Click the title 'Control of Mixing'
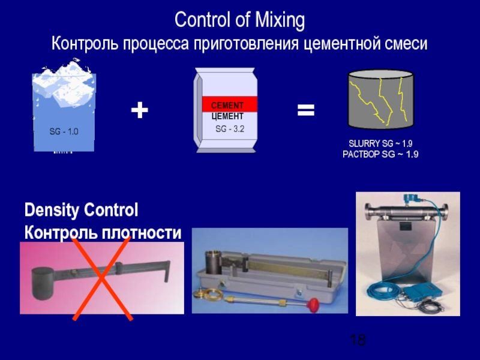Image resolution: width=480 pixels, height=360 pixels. click(x=239, y=21)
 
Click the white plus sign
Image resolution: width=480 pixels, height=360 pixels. click(x=139, y=110)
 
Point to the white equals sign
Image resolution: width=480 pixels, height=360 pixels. click(x=306, y=110)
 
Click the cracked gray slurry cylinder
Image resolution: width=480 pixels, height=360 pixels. click(x=380, y=100)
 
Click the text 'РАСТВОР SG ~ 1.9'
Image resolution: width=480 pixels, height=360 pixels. click(x=380, y=155)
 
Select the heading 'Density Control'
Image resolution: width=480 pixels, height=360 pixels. click(x=81, y=211)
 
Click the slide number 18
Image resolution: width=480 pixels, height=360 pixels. click(x=358, y=340)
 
